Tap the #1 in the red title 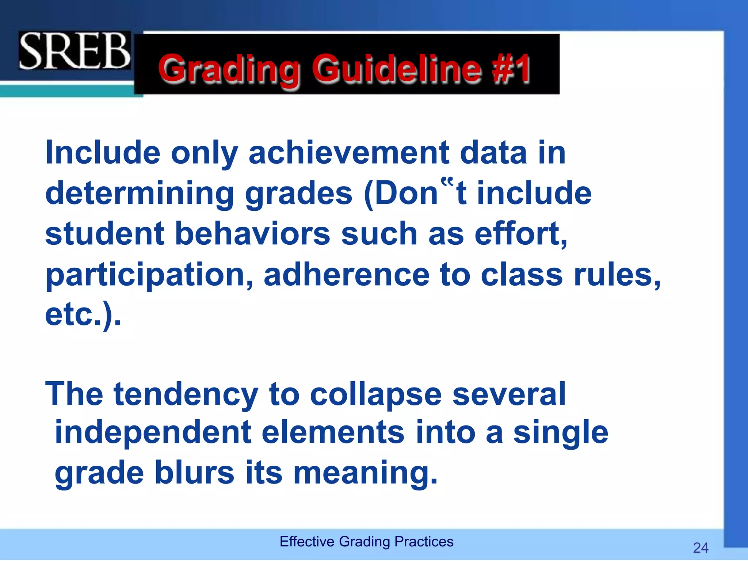[x=511, y=68]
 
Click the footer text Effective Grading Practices [x=366, y=541]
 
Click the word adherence [x=347, y=275]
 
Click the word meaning [x=366, y=473]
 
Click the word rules [x=617, y=275]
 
